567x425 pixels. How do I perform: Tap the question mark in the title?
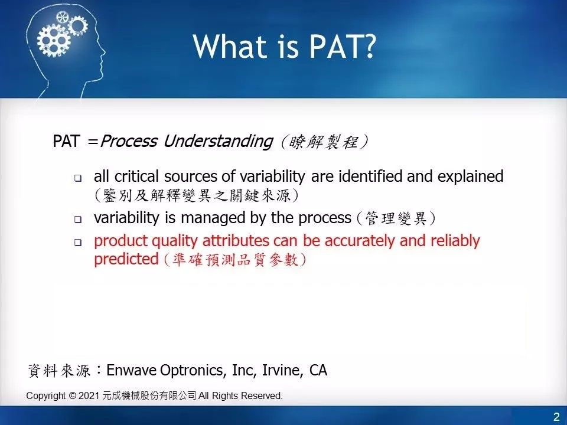pos(367,46)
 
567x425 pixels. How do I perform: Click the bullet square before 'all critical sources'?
pos(78,178)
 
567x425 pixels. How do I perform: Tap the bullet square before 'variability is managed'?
pos(78,219)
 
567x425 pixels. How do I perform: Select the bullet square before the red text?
pos(78,242)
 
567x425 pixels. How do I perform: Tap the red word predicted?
pos(126,259)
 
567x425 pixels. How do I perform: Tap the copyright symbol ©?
pos(73,396)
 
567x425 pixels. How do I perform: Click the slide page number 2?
pos(556,417)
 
